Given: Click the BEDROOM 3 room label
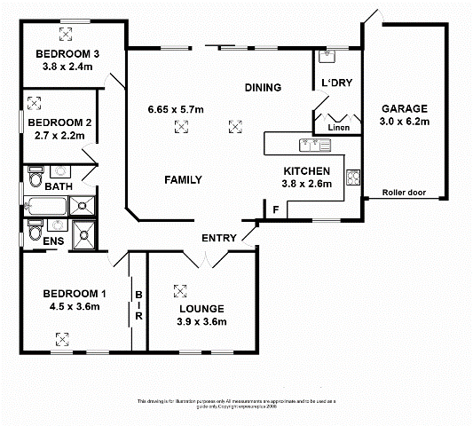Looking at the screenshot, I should (67, 53).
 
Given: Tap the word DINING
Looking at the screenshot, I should (264, 87).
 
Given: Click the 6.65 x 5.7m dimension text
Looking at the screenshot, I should (176, 109).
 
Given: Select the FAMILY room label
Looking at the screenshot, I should (183, 179).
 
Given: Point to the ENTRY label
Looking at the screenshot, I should (218, 238).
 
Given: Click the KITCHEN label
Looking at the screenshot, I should (307, 170).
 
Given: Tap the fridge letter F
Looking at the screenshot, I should (276, 209).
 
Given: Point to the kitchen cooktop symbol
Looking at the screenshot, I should (352, 177).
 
